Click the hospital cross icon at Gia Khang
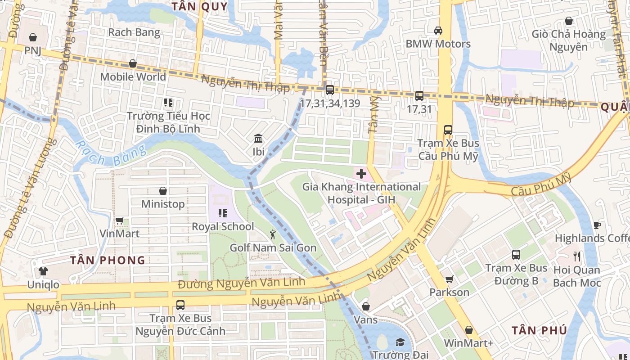(361, 174)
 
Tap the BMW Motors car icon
(438, 31)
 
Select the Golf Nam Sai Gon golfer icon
(273, 234)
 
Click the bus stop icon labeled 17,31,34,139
(329, 90)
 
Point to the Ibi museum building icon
(258, 138)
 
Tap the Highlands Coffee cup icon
(597, 225)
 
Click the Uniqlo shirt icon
(43, 271)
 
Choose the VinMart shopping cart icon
(119, 220)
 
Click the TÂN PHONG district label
(108, 260)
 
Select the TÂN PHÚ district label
(539, 330)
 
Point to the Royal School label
(223, 226)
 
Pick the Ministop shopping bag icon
(163, 191)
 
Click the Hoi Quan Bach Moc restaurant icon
(577, 256)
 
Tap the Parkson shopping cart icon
(449, 279)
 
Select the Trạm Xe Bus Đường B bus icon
(516, 255)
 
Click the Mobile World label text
(133, 76)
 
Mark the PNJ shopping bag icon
(32, 37)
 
